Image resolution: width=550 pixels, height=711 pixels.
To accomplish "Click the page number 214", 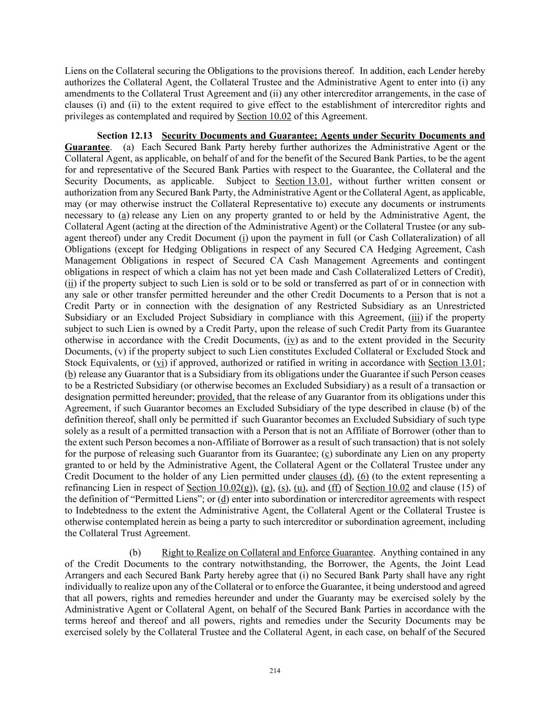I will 275,671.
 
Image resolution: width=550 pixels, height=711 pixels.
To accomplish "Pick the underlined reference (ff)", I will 334,488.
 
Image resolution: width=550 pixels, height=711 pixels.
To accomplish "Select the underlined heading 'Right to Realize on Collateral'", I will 267,553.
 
